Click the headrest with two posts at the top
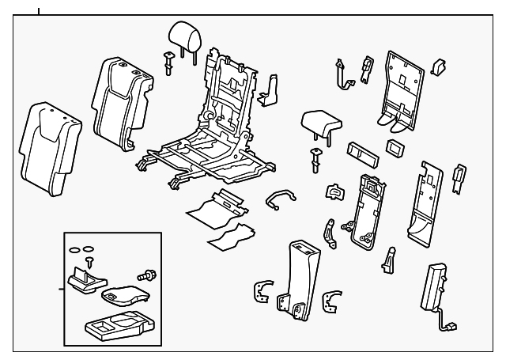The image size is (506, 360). point(181,33)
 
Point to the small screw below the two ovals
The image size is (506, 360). point(89,260)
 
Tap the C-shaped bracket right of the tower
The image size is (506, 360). point(334,302)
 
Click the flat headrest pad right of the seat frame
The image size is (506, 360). point(322,122)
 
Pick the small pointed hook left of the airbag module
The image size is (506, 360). point(389,259)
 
